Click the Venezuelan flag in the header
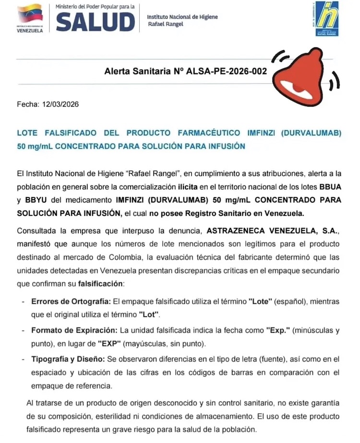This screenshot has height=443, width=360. tap(30, 13)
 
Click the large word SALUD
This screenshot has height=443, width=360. tap(95, 22)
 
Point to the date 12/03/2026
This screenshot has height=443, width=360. tap(60, 104)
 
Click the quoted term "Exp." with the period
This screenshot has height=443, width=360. tap(278, 330)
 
